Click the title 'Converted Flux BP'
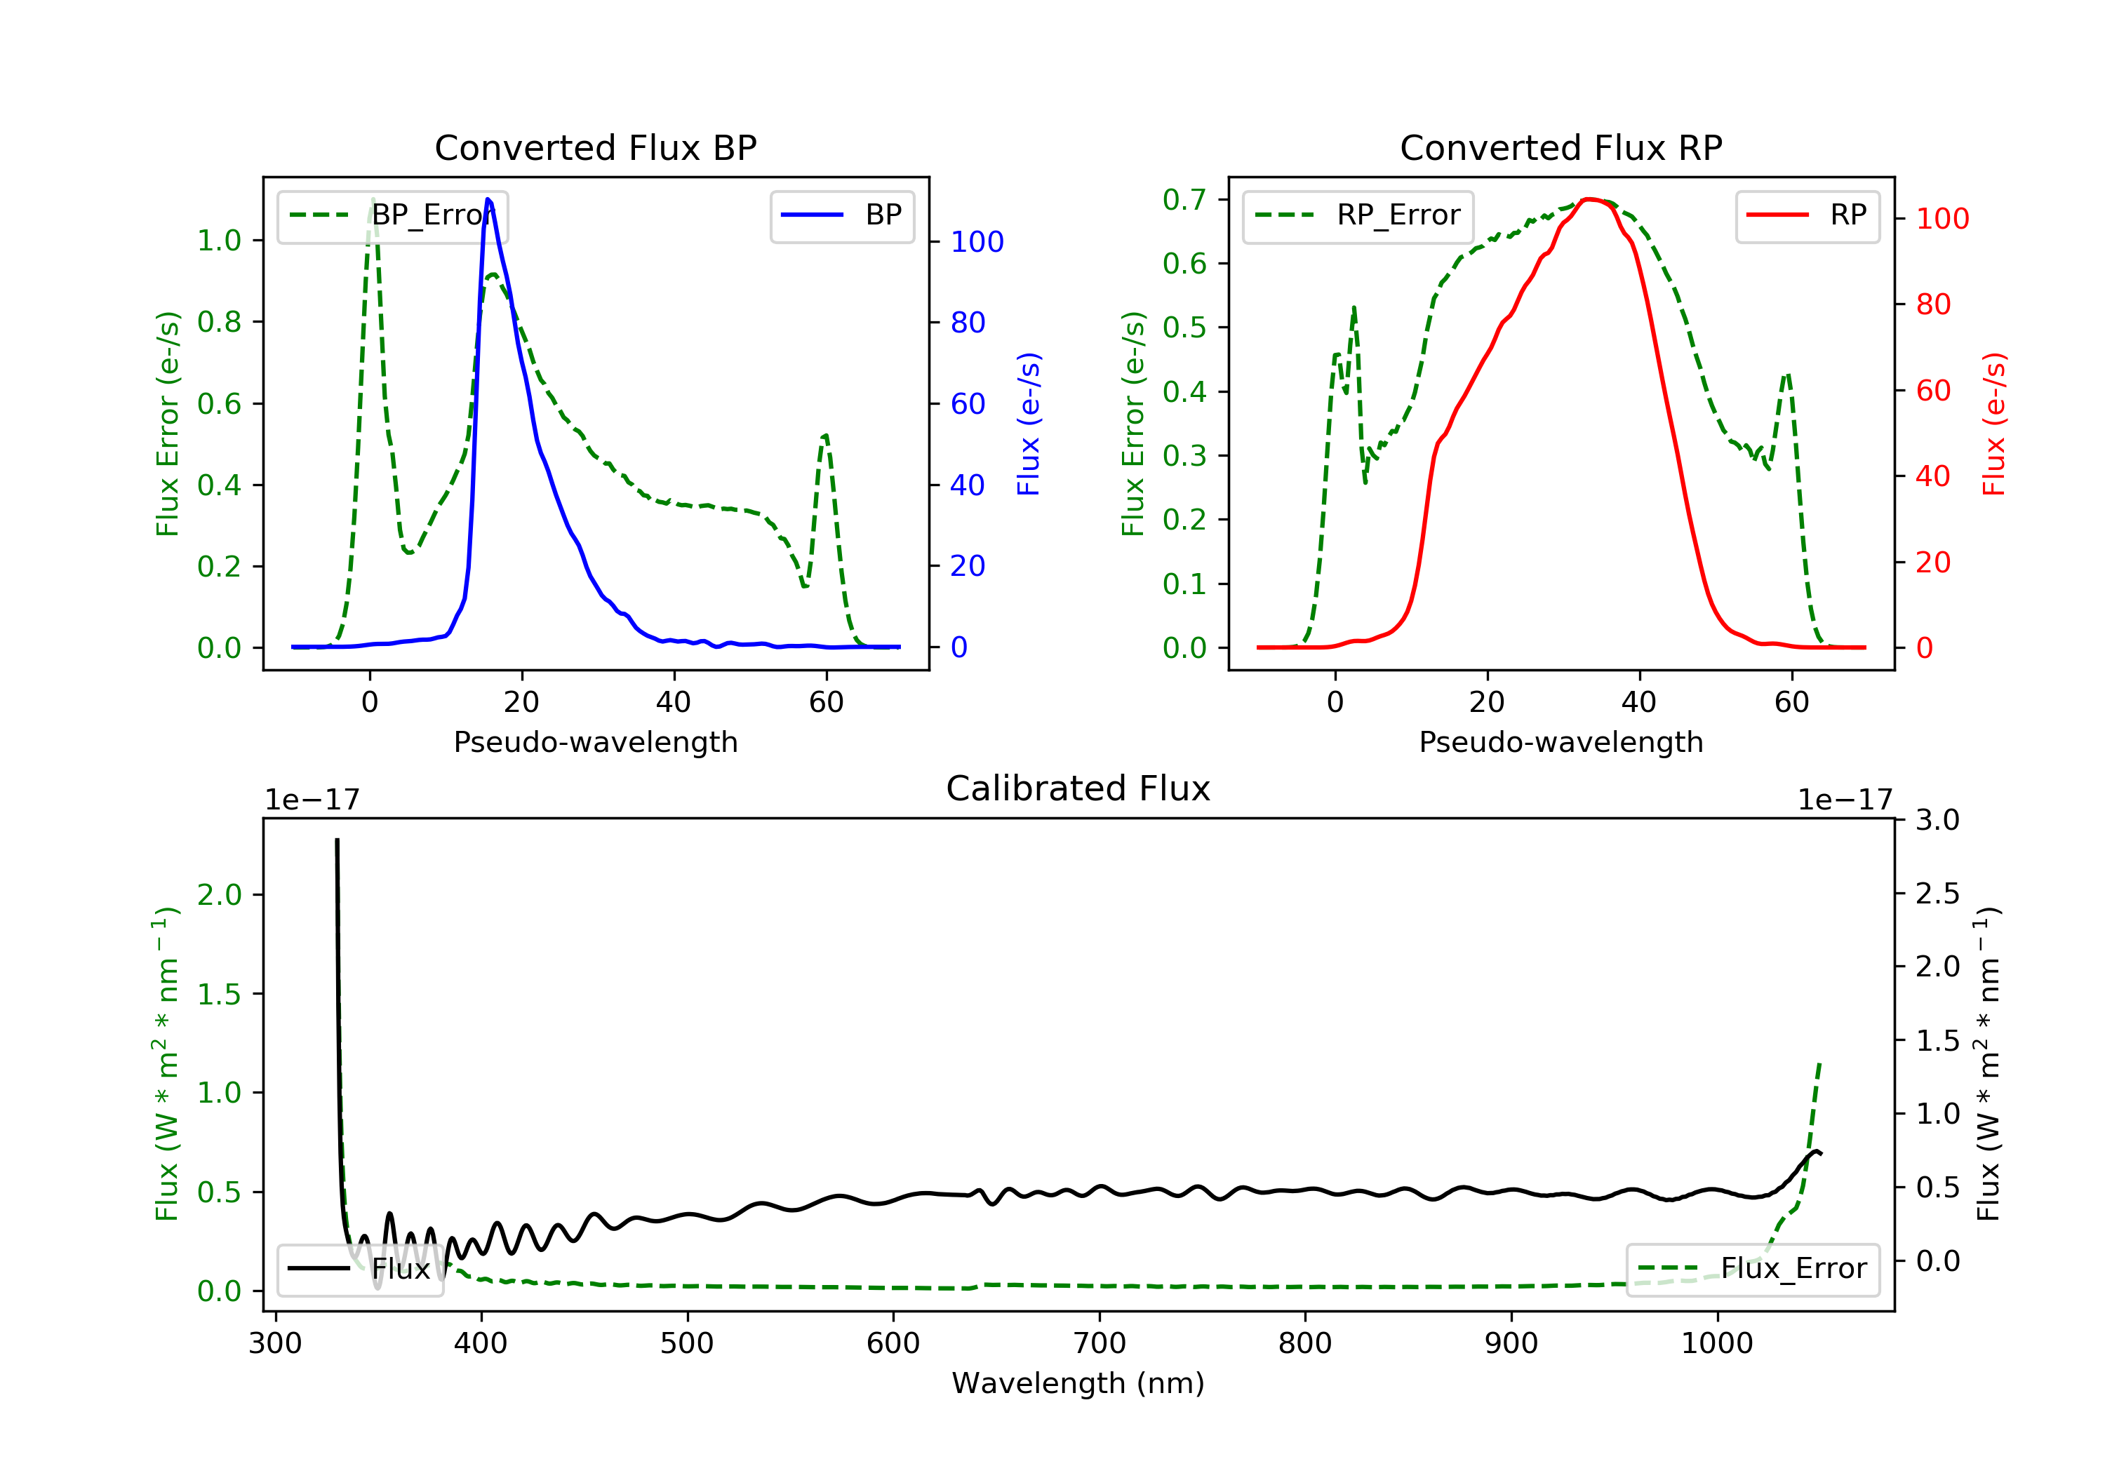(595, 147)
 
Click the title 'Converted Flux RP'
(1561, 147)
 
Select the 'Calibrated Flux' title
(1078, 788)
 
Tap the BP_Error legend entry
(392, 215)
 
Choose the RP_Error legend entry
(1357, 215)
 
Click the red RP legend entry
(1807, 215)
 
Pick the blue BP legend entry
(841, 215)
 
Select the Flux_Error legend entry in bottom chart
(1752, 1269)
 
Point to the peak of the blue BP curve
(488, 199)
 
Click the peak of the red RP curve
(1591, 199)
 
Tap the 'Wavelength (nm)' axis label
(1078, 1383)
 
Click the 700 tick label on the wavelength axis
(1100, 1344)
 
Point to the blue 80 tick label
(968, 323)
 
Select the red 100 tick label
(1942, 219)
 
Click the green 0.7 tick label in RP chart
(1184, 200)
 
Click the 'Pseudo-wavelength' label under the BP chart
(595, 741)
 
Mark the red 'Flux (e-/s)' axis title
(1993, 424)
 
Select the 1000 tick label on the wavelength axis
(1716, 1344)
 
